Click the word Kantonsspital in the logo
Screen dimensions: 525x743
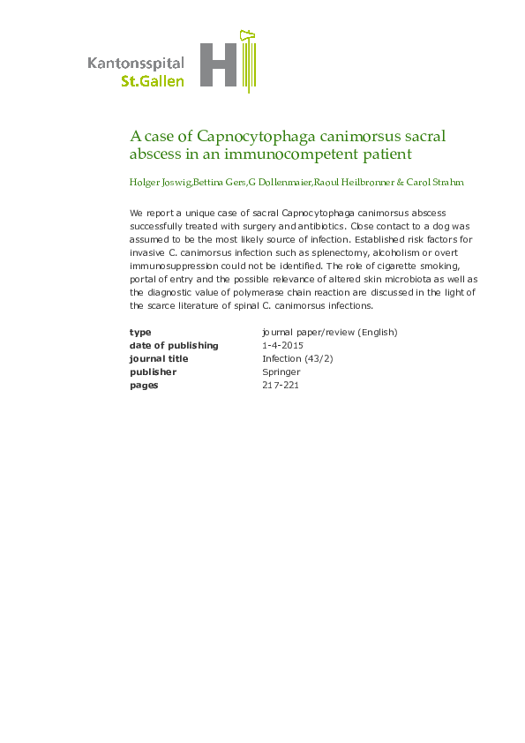(136, 63)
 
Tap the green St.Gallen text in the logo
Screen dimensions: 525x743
(152, 81)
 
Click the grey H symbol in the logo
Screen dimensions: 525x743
(220, 64)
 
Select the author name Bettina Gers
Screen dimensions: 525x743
(219, 183)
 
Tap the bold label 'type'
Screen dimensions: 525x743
(140, 333)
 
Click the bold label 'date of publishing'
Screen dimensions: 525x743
(174, 346)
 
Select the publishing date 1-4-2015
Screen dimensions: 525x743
(282, 346)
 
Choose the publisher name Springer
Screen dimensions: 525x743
(281, 372)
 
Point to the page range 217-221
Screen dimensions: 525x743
(281, 386)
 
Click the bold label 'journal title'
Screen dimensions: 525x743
(159, 359)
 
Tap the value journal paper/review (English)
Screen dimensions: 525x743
(330, 333)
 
